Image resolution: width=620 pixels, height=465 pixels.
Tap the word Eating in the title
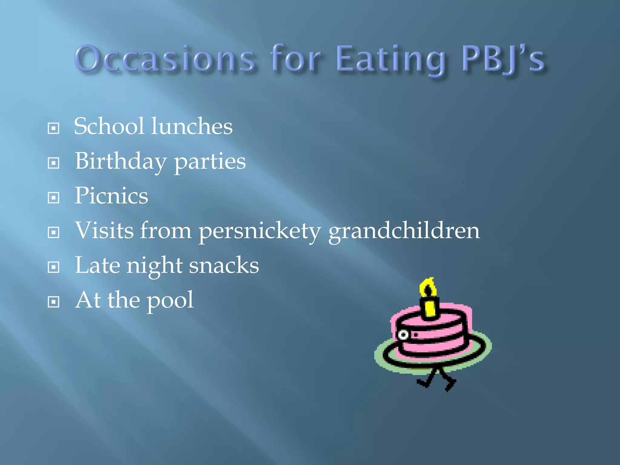[391, 59]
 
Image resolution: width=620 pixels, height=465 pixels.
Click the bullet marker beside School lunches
[54, 128]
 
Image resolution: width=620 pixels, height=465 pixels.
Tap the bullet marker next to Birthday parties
[54, 163]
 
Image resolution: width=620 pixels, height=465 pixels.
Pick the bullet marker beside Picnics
[54, 198]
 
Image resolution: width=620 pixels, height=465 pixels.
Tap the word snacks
[224, 265]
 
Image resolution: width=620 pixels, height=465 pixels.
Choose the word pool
[170, 301]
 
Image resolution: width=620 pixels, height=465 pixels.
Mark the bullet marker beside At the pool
[54, 302]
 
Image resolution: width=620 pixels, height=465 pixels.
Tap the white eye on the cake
[403, 335]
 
